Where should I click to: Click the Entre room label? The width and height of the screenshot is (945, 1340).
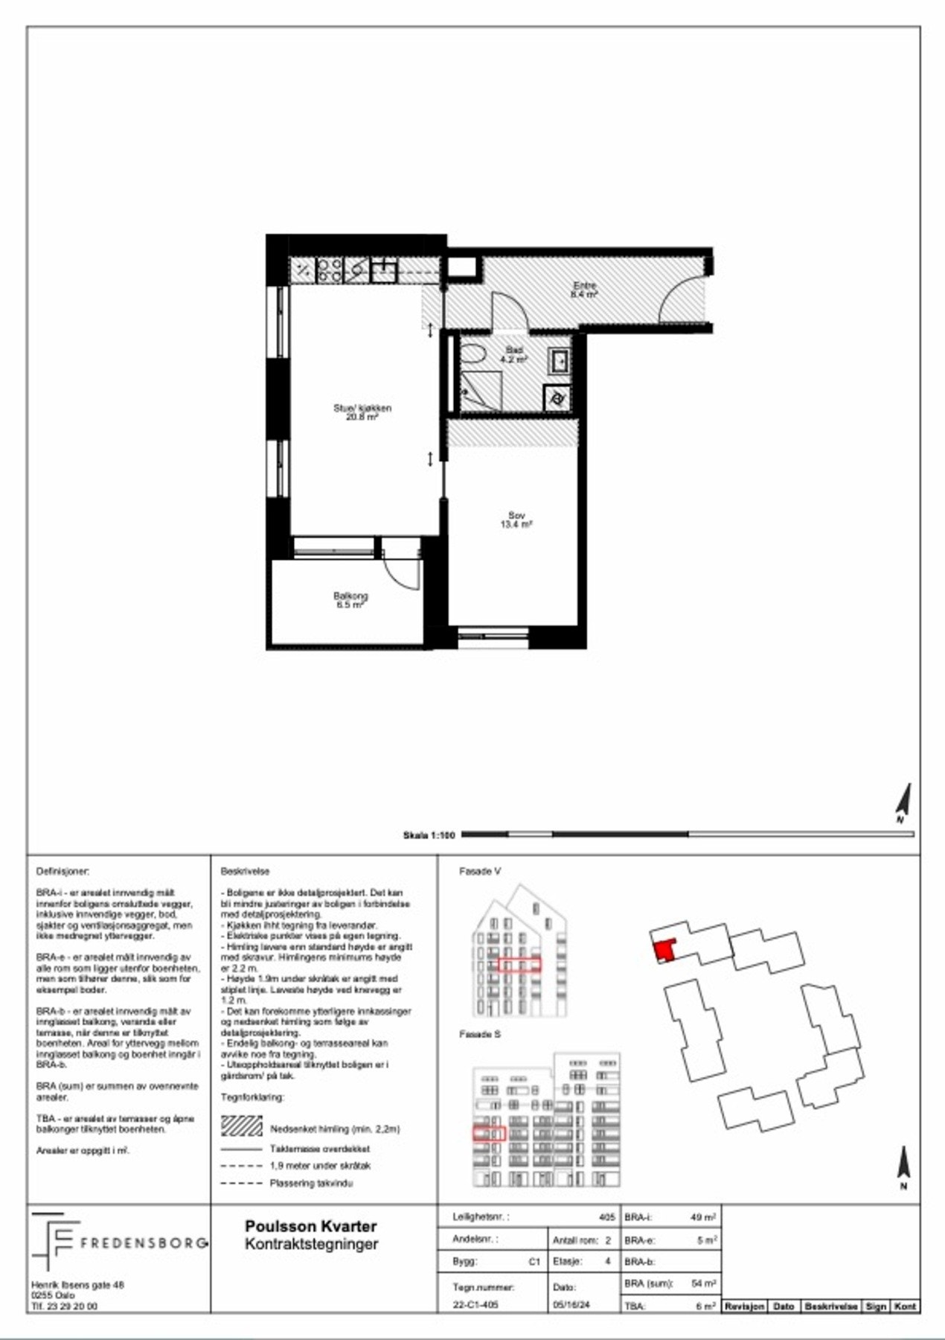click(x=584, y=290)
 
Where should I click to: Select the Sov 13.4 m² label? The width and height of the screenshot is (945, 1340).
click(x=516, y=520)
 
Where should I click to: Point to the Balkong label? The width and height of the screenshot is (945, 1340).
click(x=350, y=600)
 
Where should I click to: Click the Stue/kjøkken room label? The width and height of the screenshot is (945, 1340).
click(x=362, y=412)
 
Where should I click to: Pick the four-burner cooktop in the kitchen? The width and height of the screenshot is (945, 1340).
click(x=329, y=269)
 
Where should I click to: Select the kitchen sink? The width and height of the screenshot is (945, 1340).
click(x=384, y=269)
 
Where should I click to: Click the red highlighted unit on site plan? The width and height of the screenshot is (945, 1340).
click(x=663, y=951)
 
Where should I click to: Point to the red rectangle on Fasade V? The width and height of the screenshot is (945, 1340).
click(x=519, y=966)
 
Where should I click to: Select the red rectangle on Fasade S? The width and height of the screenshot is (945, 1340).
click(x=489, y=1134)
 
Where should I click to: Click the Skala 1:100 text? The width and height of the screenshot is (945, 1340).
click(x=429, y=835)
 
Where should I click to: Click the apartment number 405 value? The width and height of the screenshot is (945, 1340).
click(x=606, y=1217)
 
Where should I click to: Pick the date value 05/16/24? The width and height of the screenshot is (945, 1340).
click(x=571, y=1304)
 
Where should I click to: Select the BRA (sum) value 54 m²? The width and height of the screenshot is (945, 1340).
click(x=702, y=1283)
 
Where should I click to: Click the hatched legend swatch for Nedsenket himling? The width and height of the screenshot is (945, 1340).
click(x=242, y=1126)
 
